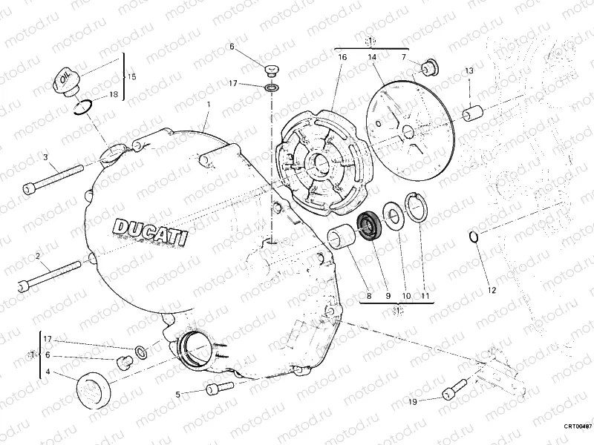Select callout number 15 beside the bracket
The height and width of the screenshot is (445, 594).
[x=132, y=76]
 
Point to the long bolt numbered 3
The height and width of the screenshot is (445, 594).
[x=53, y=177]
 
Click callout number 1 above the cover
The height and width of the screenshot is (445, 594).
[x=209, y=106]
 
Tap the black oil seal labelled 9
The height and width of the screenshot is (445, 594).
[x=368, y=223]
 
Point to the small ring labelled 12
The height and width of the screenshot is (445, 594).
[x=474, y=237]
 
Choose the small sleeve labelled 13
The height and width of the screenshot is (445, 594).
[x=472, y=115]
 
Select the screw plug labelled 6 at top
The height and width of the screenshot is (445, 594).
[x=270, y=70]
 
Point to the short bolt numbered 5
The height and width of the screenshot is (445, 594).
[x=215, y=387]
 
